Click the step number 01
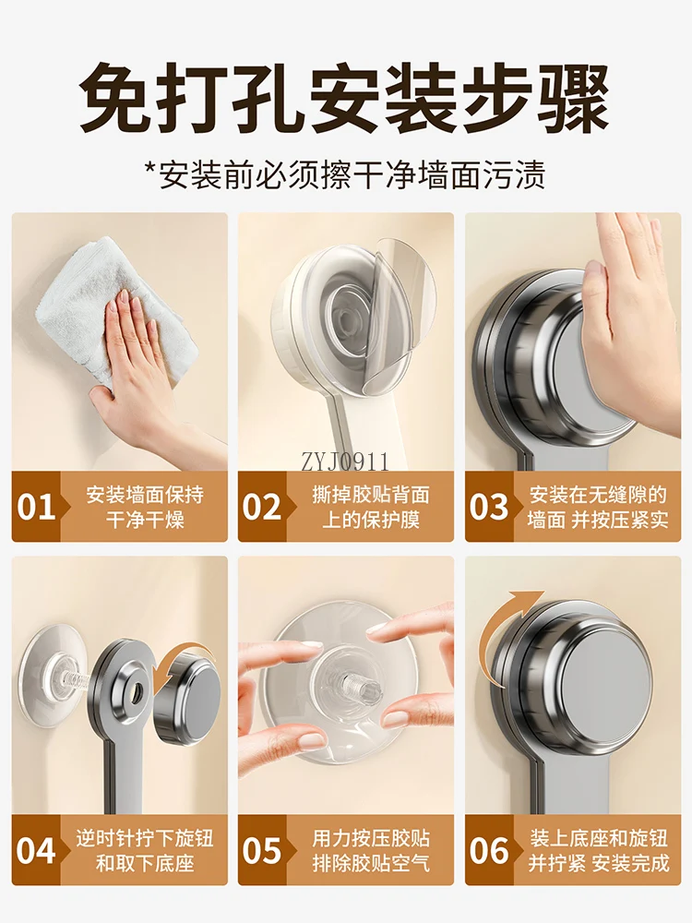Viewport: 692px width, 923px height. click(37, 507)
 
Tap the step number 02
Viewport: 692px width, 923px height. click(262, 507)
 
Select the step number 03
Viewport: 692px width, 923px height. click(489, 507)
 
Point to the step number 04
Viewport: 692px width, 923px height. click(37, 850)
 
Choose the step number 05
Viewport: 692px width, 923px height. click(262, 850)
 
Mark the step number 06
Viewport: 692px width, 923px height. click(489, 850)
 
